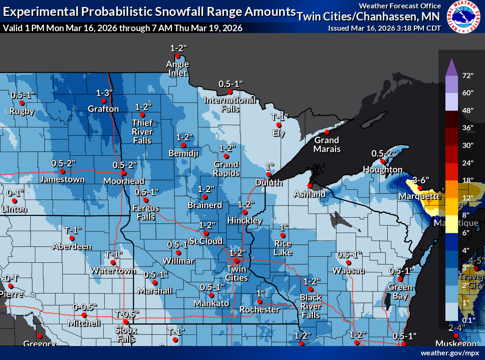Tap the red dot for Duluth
269,174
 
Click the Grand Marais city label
326,145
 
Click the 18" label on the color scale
468,180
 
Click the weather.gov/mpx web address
450,353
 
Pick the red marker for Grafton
104,100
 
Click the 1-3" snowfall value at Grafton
104,93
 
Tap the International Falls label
229,105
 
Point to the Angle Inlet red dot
177,56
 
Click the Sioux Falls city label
126,334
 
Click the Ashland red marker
309,186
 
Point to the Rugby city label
22,111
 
